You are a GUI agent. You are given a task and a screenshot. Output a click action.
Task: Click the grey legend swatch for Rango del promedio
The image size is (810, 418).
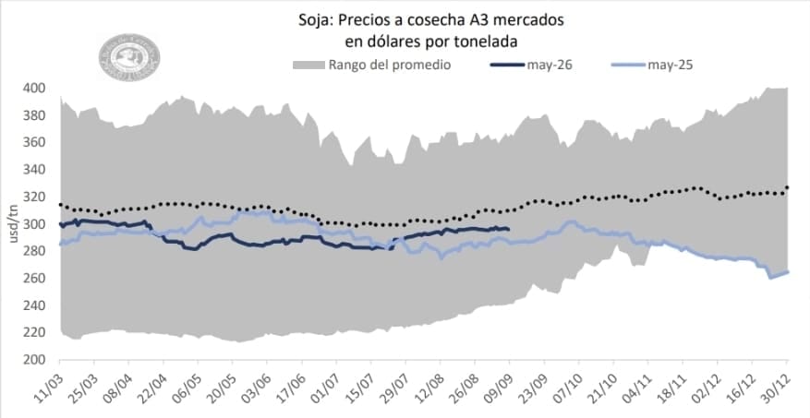[308, 66]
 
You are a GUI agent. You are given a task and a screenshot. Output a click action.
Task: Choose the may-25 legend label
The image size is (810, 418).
[671, 66]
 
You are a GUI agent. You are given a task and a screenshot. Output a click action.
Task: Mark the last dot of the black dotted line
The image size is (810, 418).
[788, 188]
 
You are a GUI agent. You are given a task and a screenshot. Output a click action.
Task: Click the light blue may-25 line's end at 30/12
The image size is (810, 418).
[788, 271]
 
